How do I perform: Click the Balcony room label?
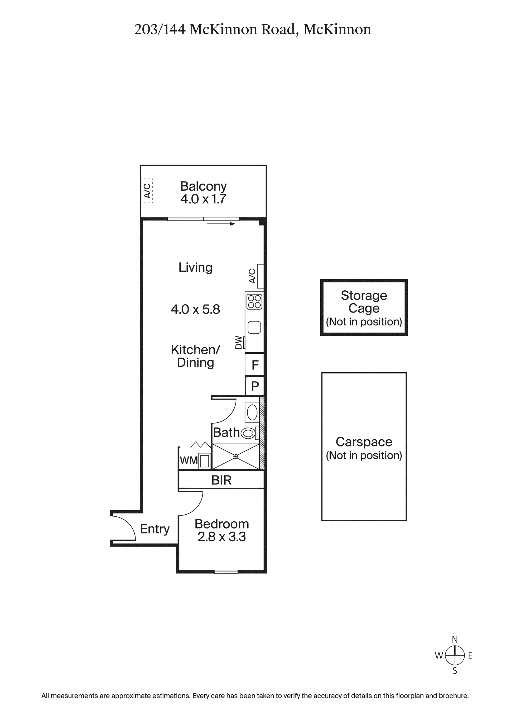coord(203,186)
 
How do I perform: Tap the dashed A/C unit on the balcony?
coord(147,191)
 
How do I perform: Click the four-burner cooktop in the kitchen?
coord(254,301)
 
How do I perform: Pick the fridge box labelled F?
coord(254,364)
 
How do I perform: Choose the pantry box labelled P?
coord(255,386)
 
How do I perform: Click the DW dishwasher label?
coord(239,342)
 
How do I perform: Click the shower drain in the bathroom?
coord(236,456)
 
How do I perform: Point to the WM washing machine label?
coord(189,460)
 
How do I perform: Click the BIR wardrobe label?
coord(221,480)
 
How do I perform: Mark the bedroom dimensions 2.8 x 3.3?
coord(222,537)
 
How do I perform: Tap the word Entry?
coord(155,529)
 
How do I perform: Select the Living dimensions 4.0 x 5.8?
coord(195,309)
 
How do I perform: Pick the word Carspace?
coord(364,442)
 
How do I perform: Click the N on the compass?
coord(455,640)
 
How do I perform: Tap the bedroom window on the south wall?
coord(226,572)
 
